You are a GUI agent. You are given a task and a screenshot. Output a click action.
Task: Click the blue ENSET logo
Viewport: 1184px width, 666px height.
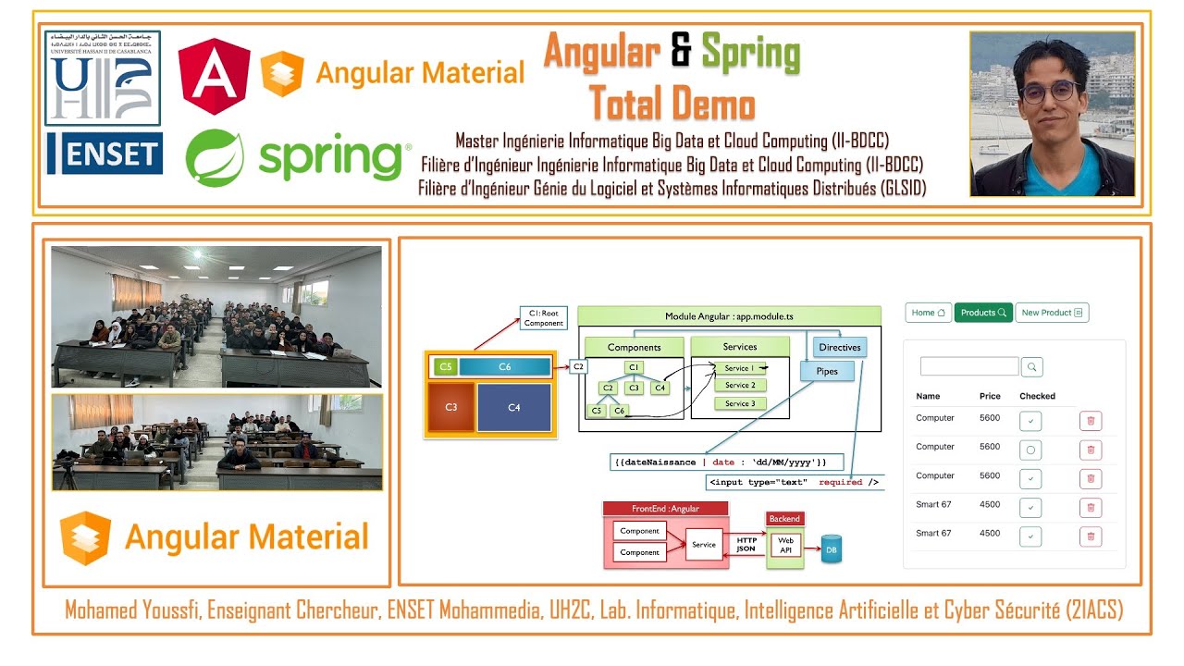(105, 154)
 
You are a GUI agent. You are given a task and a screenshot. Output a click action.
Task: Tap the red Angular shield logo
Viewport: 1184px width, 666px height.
(215, 77)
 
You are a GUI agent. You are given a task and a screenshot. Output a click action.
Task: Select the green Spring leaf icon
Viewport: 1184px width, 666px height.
(215, 158)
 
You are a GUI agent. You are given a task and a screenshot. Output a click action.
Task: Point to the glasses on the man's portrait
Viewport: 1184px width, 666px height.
(1050, 92)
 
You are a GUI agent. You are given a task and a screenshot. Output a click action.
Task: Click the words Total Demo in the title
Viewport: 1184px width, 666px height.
(672, 104)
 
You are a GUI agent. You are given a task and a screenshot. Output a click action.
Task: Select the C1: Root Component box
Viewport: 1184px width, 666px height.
(543, 318)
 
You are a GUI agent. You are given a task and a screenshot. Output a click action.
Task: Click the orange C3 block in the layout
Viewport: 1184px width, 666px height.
(450, 408)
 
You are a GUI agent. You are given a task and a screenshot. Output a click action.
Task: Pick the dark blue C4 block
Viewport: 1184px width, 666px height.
(514, 408)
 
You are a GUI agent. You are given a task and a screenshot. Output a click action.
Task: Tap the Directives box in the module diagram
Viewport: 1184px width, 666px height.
(839, 348)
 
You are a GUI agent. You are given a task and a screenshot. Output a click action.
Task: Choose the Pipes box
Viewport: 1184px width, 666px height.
(827, 372)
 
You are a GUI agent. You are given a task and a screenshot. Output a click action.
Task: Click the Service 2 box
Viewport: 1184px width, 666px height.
(740, 386)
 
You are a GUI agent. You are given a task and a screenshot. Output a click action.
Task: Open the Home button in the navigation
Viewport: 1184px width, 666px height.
(928, 313)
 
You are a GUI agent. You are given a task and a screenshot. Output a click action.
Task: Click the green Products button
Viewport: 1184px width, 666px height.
(983, 313)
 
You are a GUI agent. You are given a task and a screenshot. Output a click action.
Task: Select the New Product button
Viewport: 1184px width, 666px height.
(1052, 313)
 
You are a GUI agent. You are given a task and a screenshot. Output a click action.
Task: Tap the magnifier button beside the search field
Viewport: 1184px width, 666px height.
(1032, 367)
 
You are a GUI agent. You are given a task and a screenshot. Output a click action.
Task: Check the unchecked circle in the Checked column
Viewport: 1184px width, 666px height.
(1030, 450)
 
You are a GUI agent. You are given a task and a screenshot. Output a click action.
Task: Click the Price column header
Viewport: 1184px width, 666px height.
(990, 396)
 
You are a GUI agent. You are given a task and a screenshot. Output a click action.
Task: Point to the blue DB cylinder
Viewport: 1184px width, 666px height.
(831, 549)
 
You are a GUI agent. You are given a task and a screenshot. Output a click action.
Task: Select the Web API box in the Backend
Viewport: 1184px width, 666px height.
(785, 546)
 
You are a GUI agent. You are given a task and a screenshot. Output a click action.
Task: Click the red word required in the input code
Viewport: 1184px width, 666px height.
(840, 482)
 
